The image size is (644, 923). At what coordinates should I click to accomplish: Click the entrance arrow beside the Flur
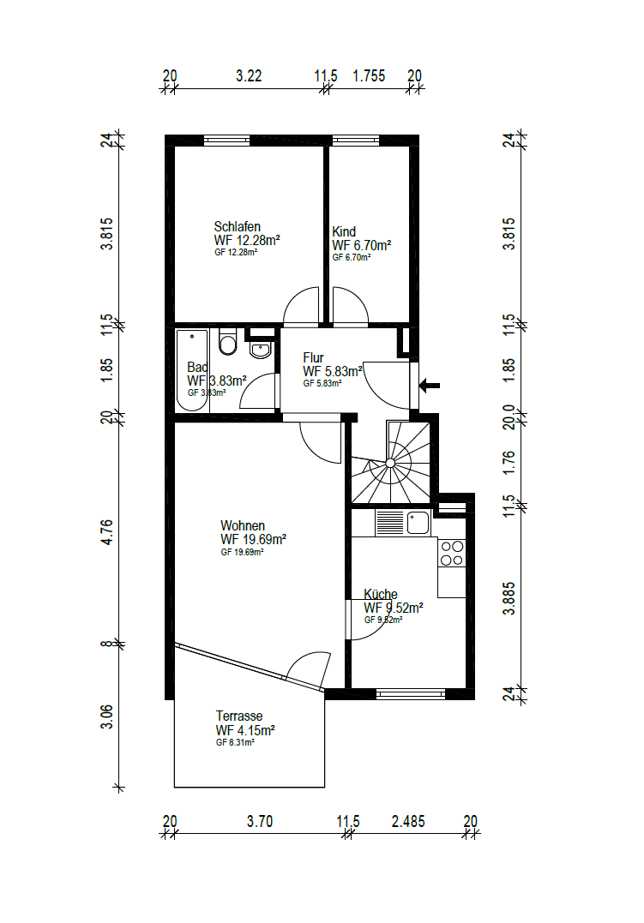pyautogui.click(x=430, y=387)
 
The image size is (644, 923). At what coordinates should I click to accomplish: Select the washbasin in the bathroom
pyautogui.click(x=260, y=350)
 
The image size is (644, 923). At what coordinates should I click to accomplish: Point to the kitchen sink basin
pyautogui.click(x=418, y=523)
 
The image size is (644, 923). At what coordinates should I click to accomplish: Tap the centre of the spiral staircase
pyautogui.click(x=390, y=464)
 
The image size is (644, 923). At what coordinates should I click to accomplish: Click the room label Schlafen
pyautogui.click(x=237, y=226)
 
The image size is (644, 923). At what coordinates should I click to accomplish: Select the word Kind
pyautogui.click(x=344, y=232)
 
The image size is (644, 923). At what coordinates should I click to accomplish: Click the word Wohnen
pyautogui.click(x=242, y=525)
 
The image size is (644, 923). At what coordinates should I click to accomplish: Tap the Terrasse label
pyautogui.click(x=238, y=716)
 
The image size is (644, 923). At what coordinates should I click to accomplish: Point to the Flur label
pyautogui.click(x=313, y=358)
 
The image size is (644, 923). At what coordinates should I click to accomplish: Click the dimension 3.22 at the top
pyautogui.click(x=249, y=76)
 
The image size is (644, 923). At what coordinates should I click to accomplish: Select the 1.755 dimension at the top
pyautogui.click(x=369, y=76)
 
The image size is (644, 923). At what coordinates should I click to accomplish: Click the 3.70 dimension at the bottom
pyautogui.click(x=260, y=821)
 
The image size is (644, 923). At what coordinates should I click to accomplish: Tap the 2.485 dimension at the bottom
pyautogui.click(x=408, y=821)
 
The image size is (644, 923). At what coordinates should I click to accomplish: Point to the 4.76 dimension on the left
pyautogui.click(x=106, y=532)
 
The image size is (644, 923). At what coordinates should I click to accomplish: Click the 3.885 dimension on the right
pyautogui.click(x=509, y=599)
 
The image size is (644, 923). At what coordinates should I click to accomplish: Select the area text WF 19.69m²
pyautogui.click(x=253, y=539)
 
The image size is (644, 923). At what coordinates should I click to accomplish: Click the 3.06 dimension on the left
pyautogui.click(x=106, y=716)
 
